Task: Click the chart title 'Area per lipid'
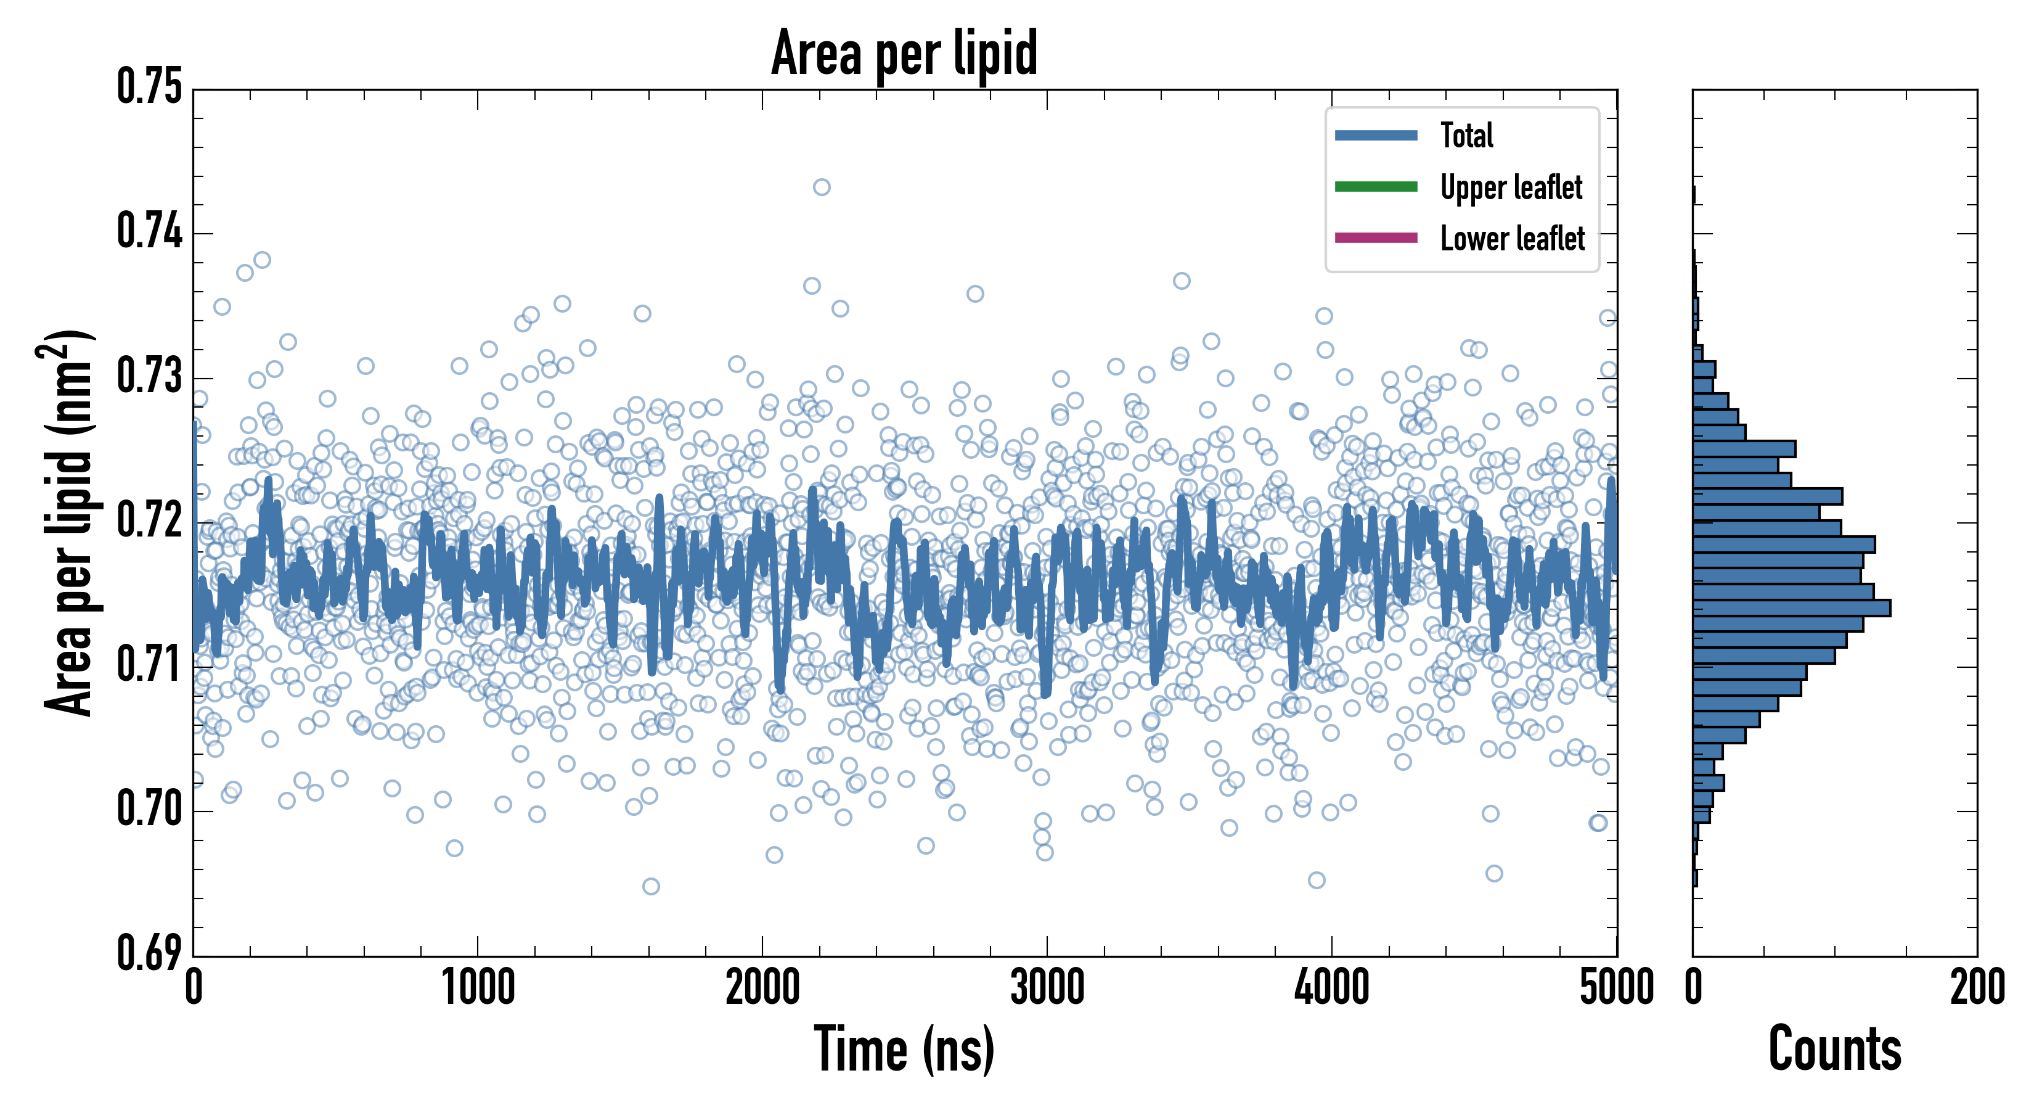click(904, 53)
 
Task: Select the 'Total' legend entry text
click(1466, 135)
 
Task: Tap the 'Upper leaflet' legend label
click(1511, 187)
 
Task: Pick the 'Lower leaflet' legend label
click(1512, 238)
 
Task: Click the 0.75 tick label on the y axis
click(149, 87)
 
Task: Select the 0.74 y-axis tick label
click(149, 232)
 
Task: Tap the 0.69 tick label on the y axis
click(149, 953)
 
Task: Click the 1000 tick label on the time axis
click(478, 987)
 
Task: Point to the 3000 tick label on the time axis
click(1047, 987)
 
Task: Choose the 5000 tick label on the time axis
click(1616, 987)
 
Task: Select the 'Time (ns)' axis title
click(904, 1049)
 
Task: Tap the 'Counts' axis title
click(1835, 1049)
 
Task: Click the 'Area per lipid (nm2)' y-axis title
click(67, 523)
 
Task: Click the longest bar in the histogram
click(1792, 607)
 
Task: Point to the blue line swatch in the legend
click(1376, 135)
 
